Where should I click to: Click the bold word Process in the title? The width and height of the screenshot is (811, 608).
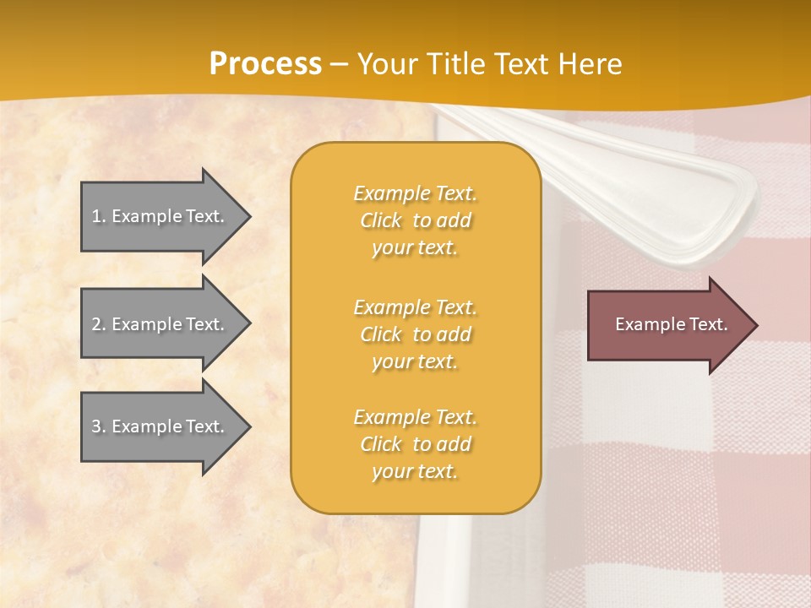(265, 64)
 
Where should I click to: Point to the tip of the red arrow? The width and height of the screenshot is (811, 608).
(755, 325)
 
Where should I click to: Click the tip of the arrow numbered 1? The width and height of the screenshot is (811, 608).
(248, 216)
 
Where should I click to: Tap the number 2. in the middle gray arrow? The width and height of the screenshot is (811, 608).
(99, 324)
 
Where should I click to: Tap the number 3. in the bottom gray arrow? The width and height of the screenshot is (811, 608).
(99, 426)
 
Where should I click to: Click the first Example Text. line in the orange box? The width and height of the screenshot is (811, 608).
(415, 193)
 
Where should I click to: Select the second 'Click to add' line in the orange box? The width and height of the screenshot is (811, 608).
(415, 334)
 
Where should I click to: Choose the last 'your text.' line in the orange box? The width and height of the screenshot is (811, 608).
(415, 471)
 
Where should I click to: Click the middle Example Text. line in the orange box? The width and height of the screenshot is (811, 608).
(415, 307)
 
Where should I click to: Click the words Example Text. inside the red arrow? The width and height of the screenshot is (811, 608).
(671, 324)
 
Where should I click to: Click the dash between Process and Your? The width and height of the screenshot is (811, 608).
(339, 64)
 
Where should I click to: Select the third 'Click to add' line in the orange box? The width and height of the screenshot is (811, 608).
(415, 444)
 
